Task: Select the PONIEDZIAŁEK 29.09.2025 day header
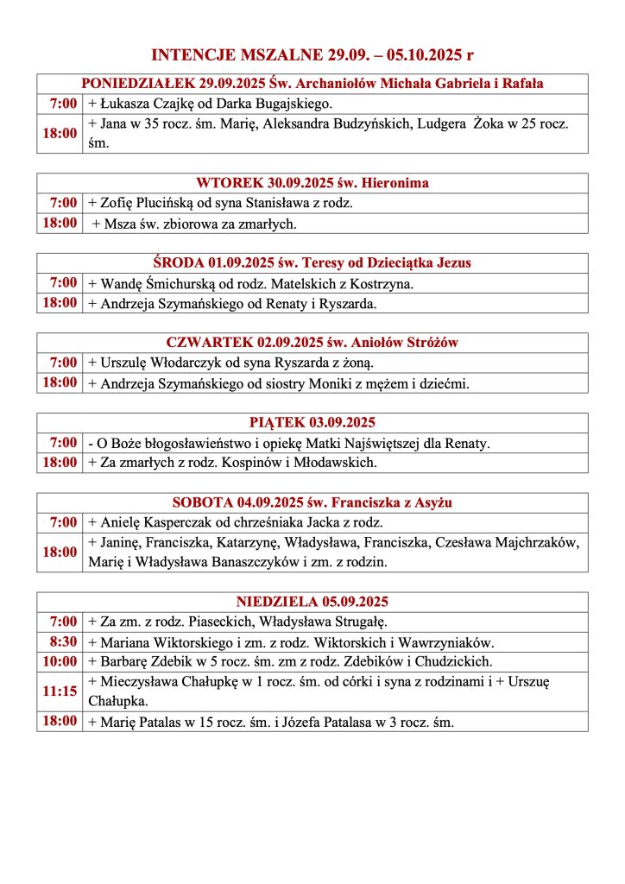pyautogui.click(x=312, y=84)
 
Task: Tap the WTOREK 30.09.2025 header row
pyautogui.click(x=312, y=183)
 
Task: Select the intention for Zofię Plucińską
pyautogui.click(x=220, y=204)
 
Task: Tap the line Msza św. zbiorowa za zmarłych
pyautogui.click(x=194, y=224)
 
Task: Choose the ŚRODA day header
pyautogui.click(x=312, y=262)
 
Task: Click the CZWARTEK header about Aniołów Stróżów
pyautogui.click(x=312, y=343)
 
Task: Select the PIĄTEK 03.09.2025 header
pyautogui.click(x=312, y=422)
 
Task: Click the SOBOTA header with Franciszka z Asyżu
pyautogui.click(x=312, y=502)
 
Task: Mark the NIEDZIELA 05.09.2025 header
pyautogui.click(x=312, y=601)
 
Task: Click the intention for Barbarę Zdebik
pyautogui.click(x=289, y=662)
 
